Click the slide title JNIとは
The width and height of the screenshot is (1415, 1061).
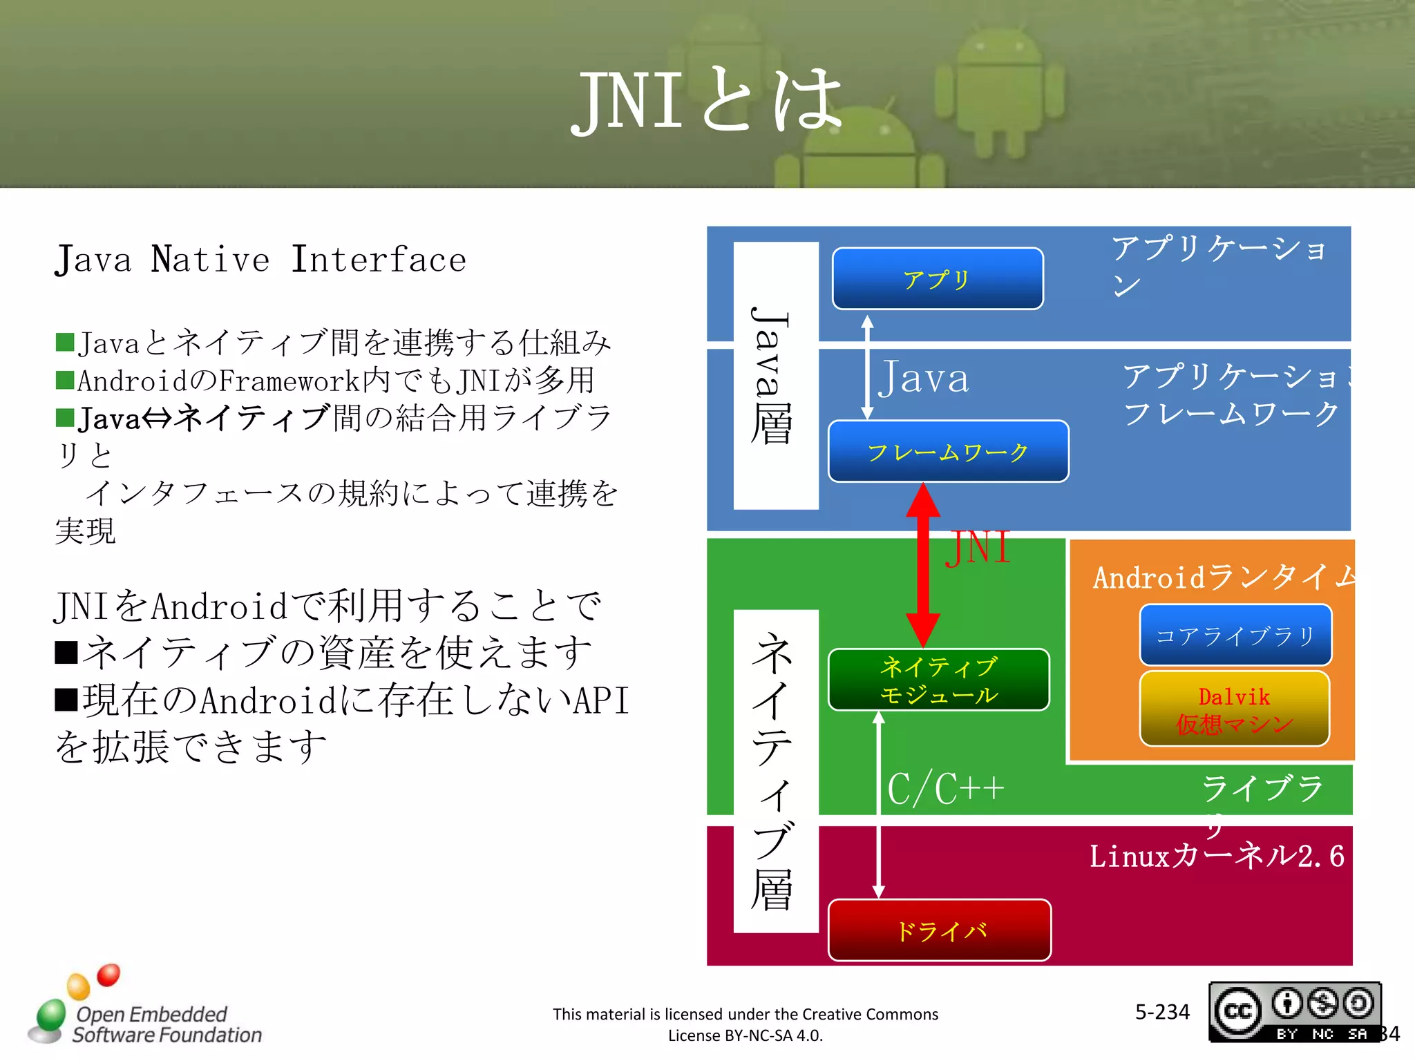coord(706,101)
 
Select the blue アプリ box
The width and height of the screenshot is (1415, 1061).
coord(937,278)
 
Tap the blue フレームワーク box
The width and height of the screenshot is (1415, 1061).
coord(947,452)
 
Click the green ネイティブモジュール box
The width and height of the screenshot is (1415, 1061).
coord(938,680)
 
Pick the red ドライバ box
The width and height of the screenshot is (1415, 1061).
coord(939,930)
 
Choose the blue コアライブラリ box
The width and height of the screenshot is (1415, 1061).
coord(1235,635)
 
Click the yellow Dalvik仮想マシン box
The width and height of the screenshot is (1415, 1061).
coord(1234,709)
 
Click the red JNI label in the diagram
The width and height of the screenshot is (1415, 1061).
coord(978,548)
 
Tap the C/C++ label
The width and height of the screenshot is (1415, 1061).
coord(945,788)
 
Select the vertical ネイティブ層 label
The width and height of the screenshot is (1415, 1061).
coord(774,770)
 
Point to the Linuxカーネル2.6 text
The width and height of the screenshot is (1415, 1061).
coord(1216,857)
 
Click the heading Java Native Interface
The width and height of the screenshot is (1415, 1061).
coord(260,260)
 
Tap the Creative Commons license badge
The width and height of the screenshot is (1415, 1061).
coord(1294,1011)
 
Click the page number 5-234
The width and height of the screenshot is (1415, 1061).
coord(1162,1012)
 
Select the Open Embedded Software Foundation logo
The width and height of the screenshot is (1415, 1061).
coord(145,1009)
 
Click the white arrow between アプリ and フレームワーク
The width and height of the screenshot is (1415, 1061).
coord(867,366)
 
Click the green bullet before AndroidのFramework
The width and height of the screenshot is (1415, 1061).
coord(65,380)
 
